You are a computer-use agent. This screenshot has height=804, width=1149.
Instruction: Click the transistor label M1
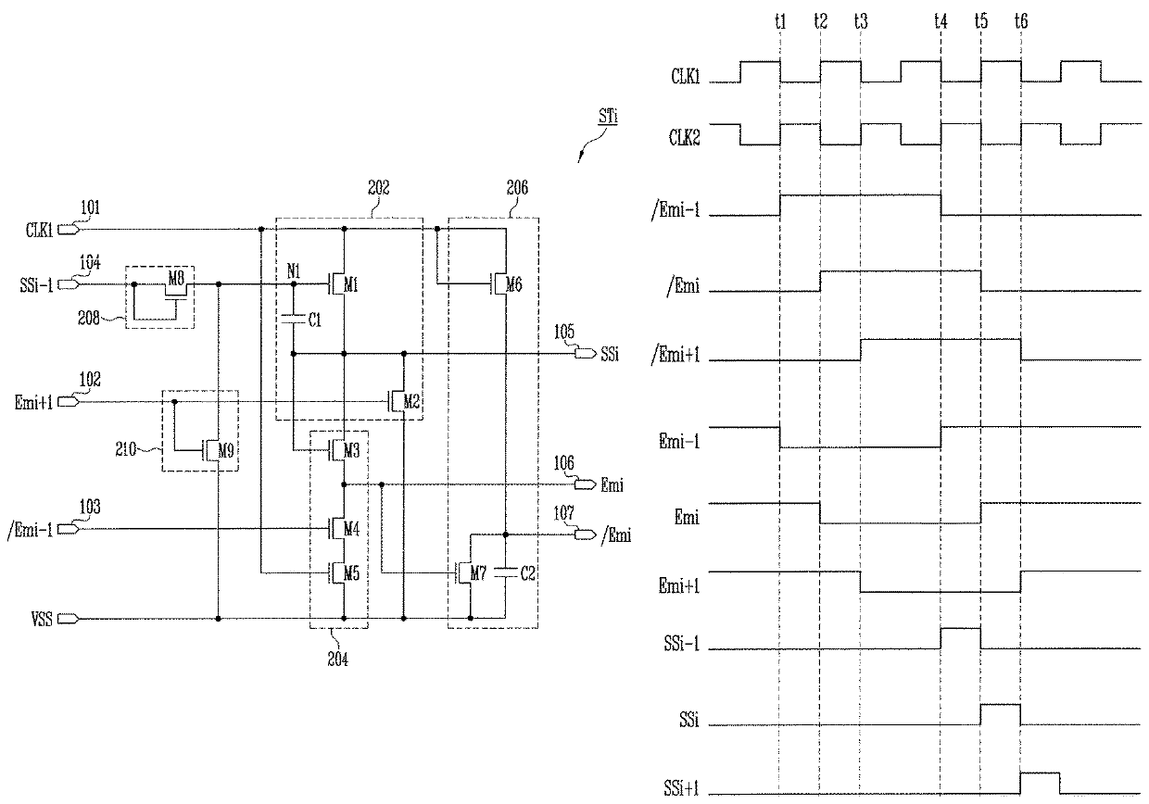(350, 284)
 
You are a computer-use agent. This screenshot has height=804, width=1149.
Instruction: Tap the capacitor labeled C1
(294, 320)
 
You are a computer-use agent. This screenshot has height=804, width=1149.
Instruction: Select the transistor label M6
(513, 284)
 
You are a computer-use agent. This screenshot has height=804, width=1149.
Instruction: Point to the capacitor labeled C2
(505, 572)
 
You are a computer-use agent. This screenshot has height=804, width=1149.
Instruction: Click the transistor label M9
(226, 451)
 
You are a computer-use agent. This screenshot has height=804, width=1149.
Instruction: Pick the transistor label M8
(176, 279)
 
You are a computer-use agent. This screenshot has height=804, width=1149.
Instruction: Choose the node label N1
(294, 270)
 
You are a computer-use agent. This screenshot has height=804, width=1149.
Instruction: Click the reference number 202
(379, 188)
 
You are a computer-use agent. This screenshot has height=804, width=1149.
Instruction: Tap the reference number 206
(516, 188)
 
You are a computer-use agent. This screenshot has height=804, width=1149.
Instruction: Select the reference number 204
(338, 659)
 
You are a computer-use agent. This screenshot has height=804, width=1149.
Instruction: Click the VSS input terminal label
(42, 620)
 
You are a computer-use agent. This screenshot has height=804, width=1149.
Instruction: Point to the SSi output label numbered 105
(610, 354)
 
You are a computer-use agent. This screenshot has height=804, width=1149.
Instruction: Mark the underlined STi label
(609, 116)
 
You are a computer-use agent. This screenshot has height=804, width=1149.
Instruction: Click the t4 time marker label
(941, 21)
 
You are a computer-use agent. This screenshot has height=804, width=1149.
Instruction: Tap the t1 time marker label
(780, 21)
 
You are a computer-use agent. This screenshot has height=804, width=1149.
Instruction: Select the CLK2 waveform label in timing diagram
(684, 137)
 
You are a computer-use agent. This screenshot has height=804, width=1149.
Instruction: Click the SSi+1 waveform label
(681, 787)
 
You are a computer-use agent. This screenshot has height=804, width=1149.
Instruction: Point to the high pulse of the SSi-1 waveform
(960, 628)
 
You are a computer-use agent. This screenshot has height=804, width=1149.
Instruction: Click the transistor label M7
(477, 572)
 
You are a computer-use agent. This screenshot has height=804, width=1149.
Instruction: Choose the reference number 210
(126, 449)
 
